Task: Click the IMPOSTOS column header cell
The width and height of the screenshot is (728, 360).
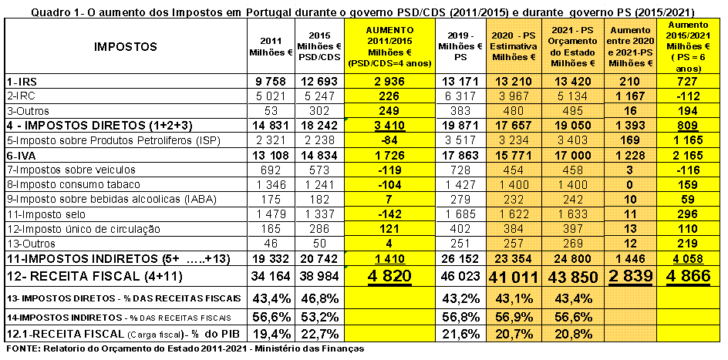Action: coord(126,46)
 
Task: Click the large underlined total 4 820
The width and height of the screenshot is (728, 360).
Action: coord(388,276)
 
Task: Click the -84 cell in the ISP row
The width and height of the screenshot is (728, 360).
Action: coord(388,141)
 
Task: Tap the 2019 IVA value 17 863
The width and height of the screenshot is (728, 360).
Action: coord(459,156)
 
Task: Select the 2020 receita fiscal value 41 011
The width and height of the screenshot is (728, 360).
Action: coord(513,276)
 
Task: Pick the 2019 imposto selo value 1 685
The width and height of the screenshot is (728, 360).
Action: coord(459,214)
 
